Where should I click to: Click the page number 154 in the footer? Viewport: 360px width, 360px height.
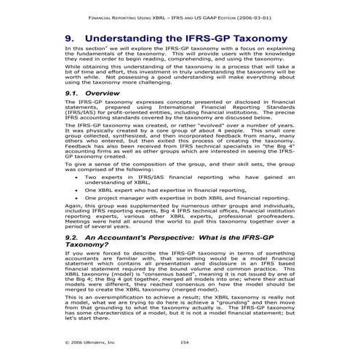click(184, 341)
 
